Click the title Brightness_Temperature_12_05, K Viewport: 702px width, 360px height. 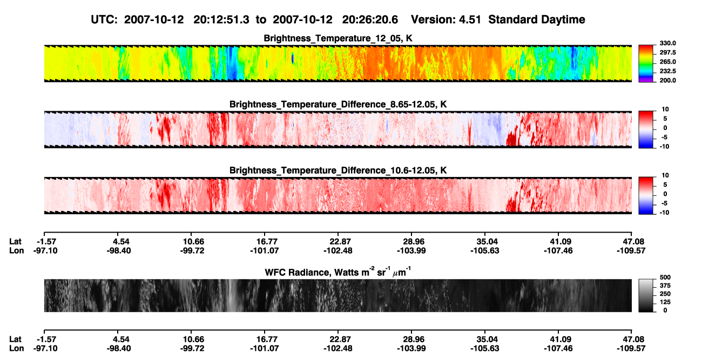click(x=338, y=38)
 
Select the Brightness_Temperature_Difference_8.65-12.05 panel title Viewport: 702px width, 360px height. click(x=338, y=104)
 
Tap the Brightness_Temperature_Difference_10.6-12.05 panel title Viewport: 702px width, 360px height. click(x=338, y=171)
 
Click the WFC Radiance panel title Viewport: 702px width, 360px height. click(x=338, y=271)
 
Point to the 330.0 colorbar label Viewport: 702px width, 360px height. click(x=667, y=43)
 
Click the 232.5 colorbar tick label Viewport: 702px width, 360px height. click(x=667, y=71)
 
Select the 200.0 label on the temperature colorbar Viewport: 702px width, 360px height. click(x=667, y=80)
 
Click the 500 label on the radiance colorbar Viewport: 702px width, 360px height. click(x=665, y=277)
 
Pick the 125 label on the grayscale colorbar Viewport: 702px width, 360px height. click(x=665, y=302)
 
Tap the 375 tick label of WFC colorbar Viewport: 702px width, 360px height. click(x=665, y=286)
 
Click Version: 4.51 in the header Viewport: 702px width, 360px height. click(x=446, y=19)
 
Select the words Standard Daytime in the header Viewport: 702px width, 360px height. click(x=537, y=19)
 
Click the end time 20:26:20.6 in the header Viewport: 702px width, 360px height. click(x=370, y=19)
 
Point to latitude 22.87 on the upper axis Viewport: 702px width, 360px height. click(x=338, y=242)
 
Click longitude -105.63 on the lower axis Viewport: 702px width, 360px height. click(x=484, y=349)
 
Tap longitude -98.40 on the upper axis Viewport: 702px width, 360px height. click(x=118, y=250)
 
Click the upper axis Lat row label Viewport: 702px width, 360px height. click(x=15, y=242)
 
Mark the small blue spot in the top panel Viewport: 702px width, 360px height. click(x=292, y=59)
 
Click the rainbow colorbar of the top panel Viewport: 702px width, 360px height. click(x=646, y=64)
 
